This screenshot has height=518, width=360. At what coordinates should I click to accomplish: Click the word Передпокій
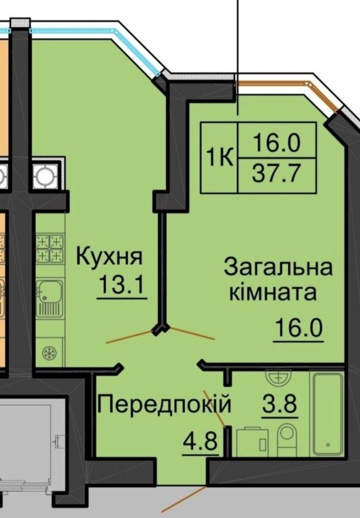pyautogui.click(x=164, y=404)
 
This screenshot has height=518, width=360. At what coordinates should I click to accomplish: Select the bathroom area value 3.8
pyautogui.click(x=280, y=404)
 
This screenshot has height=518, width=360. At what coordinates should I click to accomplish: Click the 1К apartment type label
pyautogui.click(x=219, y=157)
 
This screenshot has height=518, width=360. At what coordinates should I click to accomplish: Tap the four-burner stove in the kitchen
pyautogui.click(x=50, y=249)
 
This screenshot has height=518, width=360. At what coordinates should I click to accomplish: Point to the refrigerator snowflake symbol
pyautogui.click(x=50, y=354)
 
